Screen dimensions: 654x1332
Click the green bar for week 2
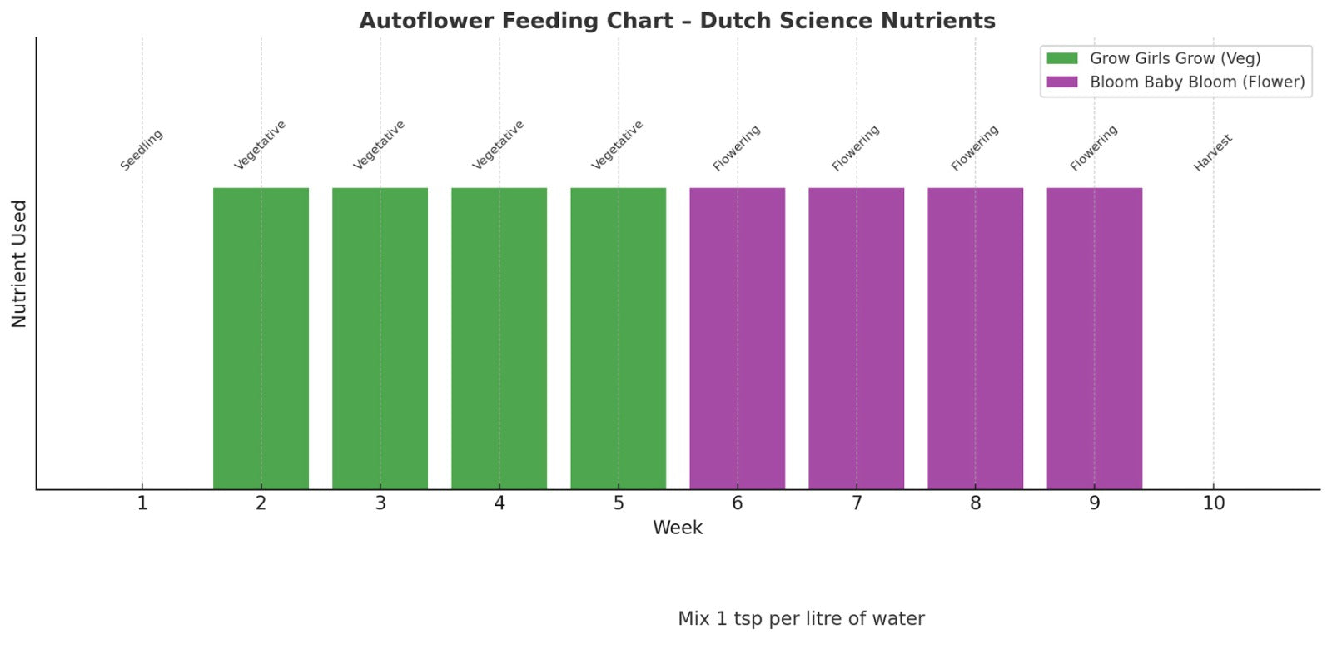(x=261, y=338)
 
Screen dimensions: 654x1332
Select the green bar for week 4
(x=499, y=338)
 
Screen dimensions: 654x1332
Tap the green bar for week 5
(x=618, y=338)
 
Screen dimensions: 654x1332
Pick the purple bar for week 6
(x=737, y=338)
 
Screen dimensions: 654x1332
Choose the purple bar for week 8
(x=975, y=338)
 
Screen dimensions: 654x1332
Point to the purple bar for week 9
(x=1094, y=338)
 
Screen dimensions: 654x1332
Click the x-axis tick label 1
(x=142, y=503)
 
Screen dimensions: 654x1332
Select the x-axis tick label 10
(x=1213, y=503)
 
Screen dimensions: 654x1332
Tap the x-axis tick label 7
(x=856, y=503)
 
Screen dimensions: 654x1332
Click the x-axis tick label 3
(x=380, y=503)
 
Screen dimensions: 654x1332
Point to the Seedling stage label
(x=142, y=150)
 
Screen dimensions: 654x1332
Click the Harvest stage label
(x=1213, y=153)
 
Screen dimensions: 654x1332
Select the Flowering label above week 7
(x=856, y=148)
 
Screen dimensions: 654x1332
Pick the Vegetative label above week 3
(x=380, y=145)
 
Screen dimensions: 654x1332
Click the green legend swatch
(x=1061, y=58)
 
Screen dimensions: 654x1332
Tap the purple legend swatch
(x=1061, y=82)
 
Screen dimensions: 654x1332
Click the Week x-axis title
(x=678, y=528)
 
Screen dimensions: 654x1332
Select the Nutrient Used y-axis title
(x=19, y=264)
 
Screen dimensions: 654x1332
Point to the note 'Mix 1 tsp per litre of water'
(x=801, y=619)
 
